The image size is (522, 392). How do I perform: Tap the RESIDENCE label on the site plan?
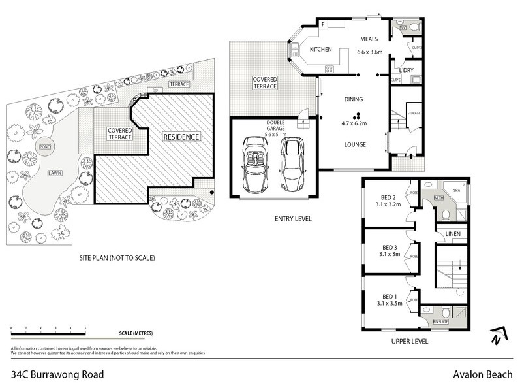181,137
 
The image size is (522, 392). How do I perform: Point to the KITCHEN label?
321,50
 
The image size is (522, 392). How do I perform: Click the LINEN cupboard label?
453,234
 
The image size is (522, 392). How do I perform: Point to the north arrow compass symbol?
497,336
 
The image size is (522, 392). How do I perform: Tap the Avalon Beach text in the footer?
484,375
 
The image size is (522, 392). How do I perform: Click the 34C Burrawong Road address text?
57,375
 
